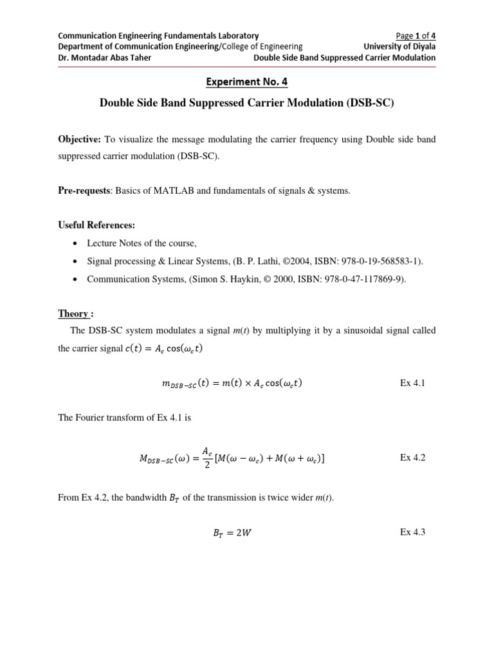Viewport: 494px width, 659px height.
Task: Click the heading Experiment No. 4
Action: (x=246, y=82)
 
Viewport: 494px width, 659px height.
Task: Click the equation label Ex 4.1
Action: (x=413, y=383)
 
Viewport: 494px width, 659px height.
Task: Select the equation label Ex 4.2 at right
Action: (x=413, y=458)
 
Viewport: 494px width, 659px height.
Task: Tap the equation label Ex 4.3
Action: (x=413, y=532)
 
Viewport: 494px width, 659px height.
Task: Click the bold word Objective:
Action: (x=81, y=139)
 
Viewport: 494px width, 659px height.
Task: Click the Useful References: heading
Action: (x=96, y=225)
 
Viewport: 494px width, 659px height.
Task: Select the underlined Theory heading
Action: (x=73, y=313)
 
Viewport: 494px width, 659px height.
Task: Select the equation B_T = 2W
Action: (x=237, y=533)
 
